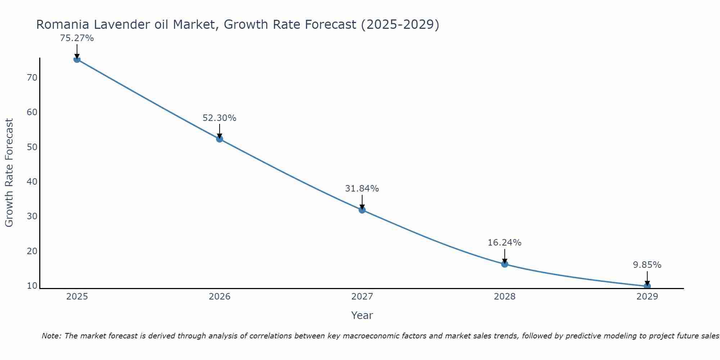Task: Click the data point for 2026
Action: point(220,139)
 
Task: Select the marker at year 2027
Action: point(362,210)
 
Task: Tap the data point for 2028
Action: point(505,264)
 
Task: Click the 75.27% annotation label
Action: point(77,38)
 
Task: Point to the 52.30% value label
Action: point(220,118)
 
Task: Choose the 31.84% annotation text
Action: point(362,189)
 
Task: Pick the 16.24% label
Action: point(505,243)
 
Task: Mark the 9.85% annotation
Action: point(647,265)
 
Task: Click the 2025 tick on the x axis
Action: point(77,297)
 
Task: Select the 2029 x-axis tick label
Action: point(647,297)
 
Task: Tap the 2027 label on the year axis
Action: point(362,297)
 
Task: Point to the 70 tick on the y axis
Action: point(32,78)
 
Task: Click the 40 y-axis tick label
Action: point(32,182)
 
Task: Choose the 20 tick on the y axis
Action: point(32,251)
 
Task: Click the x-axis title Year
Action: point(362,315)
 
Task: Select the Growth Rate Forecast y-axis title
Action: point(9,173)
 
